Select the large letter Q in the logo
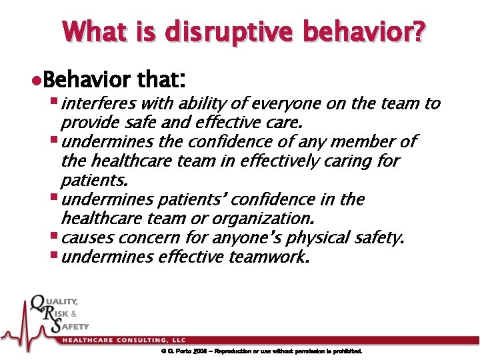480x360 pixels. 39,308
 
